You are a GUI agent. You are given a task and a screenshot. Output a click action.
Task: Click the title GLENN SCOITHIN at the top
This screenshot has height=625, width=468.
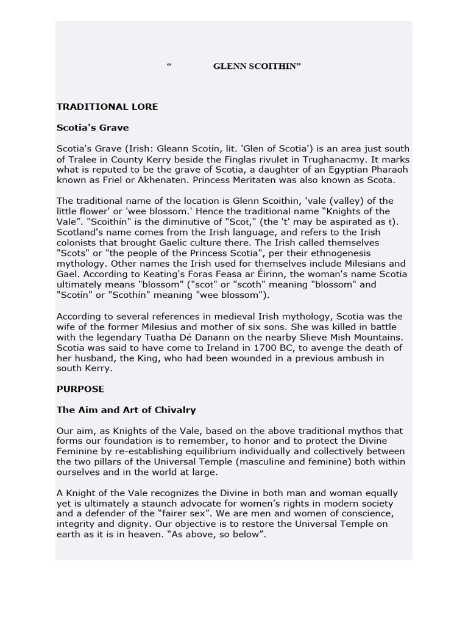[257, 66]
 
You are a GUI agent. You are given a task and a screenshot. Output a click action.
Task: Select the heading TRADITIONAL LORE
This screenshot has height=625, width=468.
[107, 106]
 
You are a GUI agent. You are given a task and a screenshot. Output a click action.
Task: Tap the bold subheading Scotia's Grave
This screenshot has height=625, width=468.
[93, 128]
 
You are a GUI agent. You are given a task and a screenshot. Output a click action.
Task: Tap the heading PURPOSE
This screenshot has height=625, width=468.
[80, 389]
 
